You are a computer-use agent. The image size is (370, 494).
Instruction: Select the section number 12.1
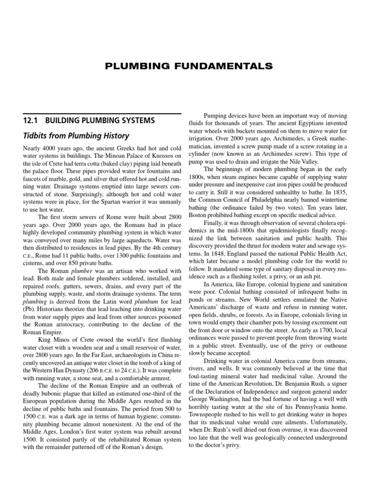(x=31, y=120)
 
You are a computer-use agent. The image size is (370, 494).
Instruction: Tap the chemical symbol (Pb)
(x=30, y=309)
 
